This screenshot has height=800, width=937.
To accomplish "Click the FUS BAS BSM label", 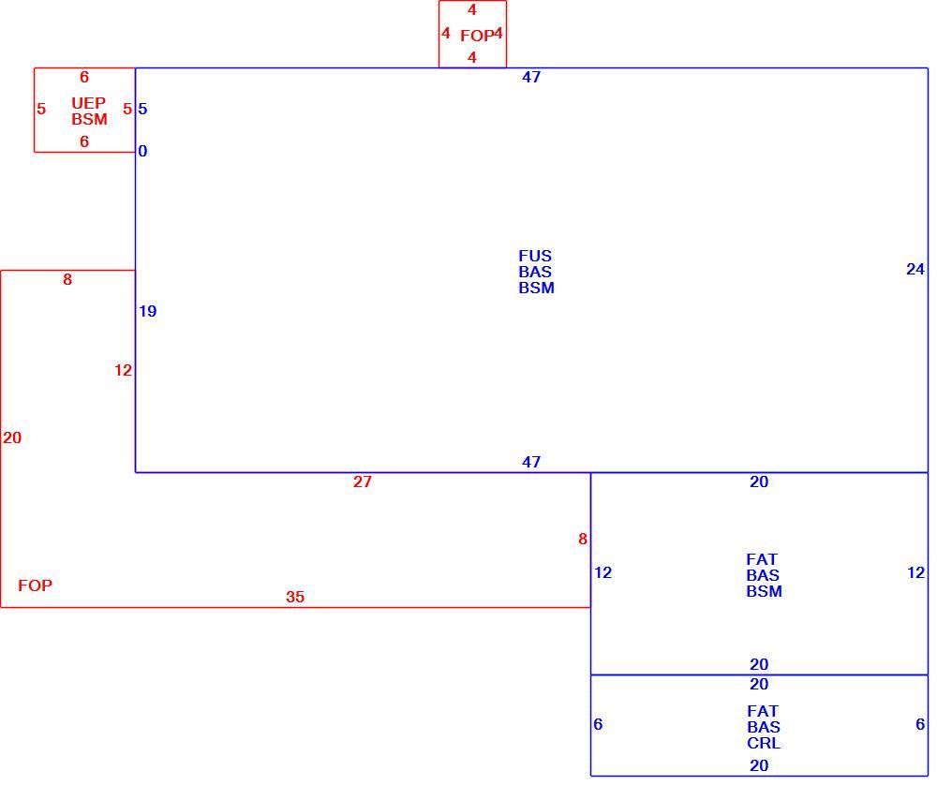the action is pos(536,272).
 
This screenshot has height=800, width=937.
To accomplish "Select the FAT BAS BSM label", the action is pos(763,575).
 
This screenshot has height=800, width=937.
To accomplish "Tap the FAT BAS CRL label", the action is pos(764,727).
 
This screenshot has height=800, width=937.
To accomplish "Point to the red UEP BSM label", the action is pos(89,111).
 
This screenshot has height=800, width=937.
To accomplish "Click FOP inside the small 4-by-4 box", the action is pos(476,36).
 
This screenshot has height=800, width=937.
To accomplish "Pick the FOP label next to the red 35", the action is pos(35,585).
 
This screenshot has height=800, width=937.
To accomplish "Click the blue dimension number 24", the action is pos(915,270).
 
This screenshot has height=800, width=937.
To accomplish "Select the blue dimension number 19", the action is pos(148,311).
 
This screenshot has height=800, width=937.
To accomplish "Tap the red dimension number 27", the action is pos(362,481).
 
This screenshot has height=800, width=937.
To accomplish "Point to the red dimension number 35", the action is pos(294,597).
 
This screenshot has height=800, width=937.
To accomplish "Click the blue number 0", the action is pos(142,151).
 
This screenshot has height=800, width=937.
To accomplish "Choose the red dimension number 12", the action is pos(123,370).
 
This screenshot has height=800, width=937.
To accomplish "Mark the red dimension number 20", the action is pos(12,437).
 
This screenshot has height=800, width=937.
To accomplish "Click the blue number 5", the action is pos(142,109).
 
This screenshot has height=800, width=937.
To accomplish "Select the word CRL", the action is pos(764,743).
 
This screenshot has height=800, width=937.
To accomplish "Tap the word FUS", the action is pos(535,256).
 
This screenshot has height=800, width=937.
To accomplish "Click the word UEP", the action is pos(88,103).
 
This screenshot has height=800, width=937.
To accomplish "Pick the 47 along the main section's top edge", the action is pos(531,77).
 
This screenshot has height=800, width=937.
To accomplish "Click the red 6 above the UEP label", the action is pos(84,77).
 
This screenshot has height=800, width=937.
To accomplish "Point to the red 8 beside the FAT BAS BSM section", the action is pos(583,539).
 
